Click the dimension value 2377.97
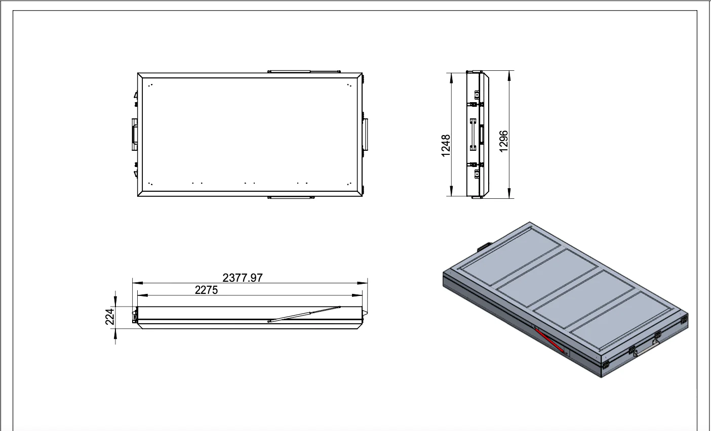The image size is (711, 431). (243, 278)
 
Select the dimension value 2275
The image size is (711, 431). (206, 290)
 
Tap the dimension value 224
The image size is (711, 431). (109, 317)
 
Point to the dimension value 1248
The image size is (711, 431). (446, 145)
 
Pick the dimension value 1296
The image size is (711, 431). (503, 141)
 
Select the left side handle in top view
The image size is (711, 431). (134, 134)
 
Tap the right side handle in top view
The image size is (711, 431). (365, 134)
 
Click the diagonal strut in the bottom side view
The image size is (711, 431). (304, 314)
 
